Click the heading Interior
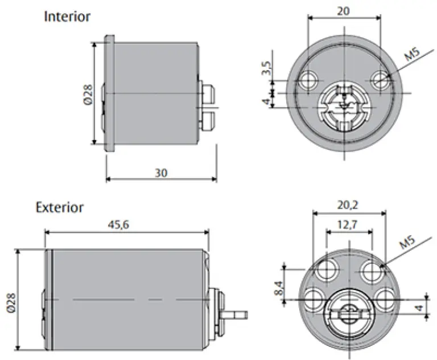pos(67,17)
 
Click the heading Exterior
pos(60,207)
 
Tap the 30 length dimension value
pos(161,173)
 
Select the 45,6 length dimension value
pos(119,224)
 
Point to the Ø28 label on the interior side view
pos(88,95)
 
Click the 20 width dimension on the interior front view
pos(343,11)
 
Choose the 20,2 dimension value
pos(348,206)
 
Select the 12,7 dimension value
pos(347,224)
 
